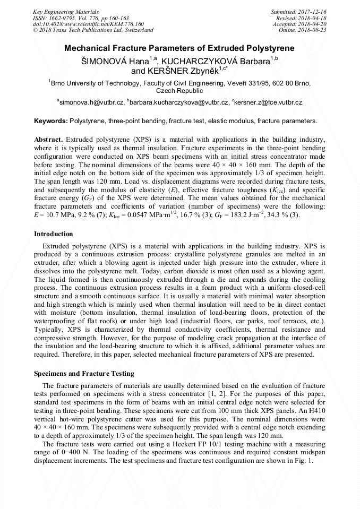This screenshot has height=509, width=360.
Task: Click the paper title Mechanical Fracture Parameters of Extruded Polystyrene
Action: (x=179, y=48)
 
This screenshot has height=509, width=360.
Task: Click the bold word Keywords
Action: (x=50, y=121)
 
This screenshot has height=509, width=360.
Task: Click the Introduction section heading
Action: (x=54, y=234)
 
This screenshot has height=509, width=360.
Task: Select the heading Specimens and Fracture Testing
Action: (x=84, y=374)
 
